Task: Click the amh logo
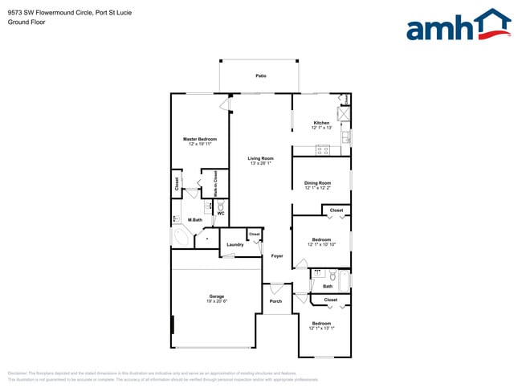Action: coord(458,26)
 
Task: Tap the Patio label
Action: coord(261,76)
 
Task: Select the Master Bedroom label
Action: coord(200,139)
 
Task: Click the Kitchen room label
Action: coord(321,123)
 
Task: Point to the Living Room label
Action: coord(260,158)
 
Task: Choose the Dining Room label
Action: coord(317,183)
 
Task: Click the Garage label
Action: coord(216,296)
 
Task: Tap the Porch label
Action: coord(275,301)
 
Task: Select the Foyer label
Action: coord(276,255)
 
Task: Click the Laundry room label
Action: coord(234,244)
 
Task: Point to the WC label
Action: coord(220,214)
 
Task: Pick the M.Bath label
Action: coord(194,219)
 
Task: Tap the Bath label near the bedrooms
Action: coord(328,286)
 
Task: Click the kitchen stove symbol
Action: coord(323,149)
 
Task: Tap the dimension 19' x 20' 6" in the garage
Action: coord(216,301)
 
